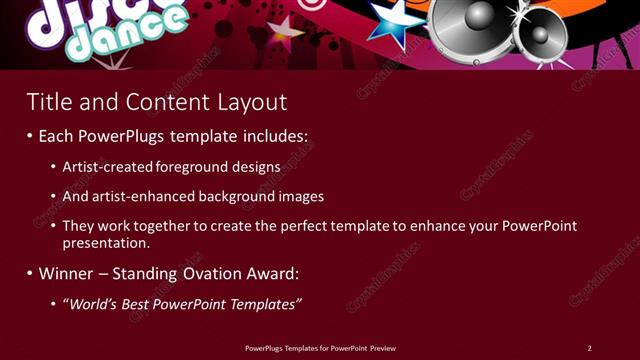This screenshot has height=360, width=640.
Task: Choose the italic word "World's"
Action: pyautogui.click(x=94, y=303)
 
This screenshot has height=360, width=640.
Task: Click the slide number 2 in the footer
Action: pyautogui.click(x=589, y=348)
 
